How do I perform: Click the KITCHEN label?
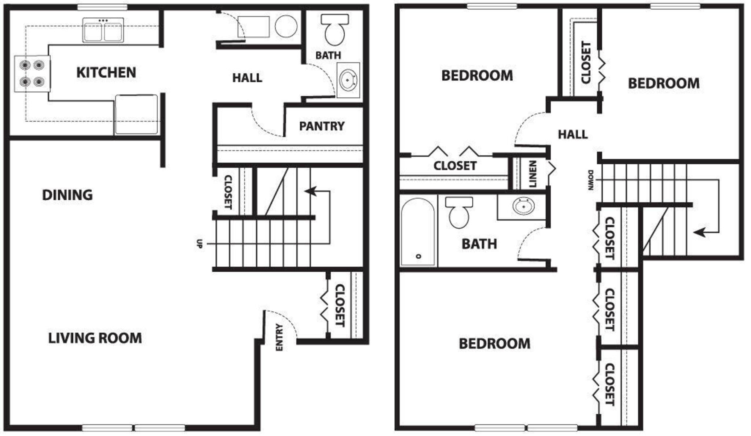coord(106,72)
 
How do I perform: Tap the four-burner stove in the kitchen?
coord(32,73)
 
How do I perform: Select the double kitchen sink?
coord(103,30)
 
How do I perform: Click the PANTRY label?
coord(322,126)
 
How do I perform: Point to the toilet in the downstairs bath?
coord(334,30)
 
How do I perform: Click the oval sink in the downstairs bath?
coord(348,80)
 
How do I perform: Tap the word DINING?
coord(67,195)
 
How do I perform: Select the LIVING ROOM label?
coord(95,338)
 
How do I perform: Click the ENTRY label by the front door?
coord(279,337)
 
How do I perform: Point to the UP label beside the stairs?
coord(199,243)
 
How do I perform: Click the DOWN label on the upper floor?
coord(591,180)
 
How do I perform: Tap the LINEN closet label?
coord(533,174)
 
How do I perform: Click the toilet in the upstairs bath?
coord(459,212)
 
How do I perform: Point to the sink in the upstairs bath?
coord(524,206)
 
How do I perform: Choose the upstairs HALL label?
coord(572,134)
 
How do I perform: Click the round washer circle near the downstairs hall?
coord(286,27)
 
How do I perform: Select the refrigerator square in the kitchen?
coord(136,114)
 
